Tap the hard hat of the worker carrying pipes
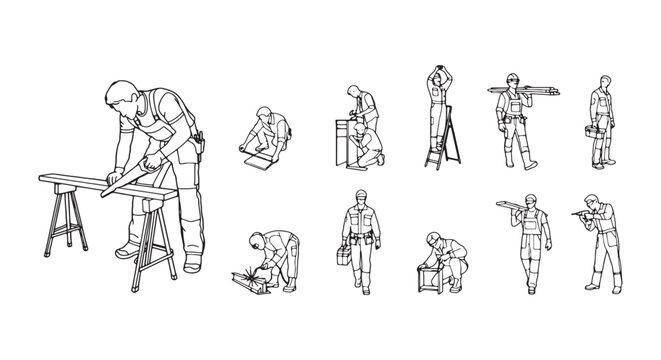pos(511,79)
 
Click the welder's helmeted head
pos(257,241)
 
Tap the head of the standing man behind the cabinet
pos(354,92)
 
